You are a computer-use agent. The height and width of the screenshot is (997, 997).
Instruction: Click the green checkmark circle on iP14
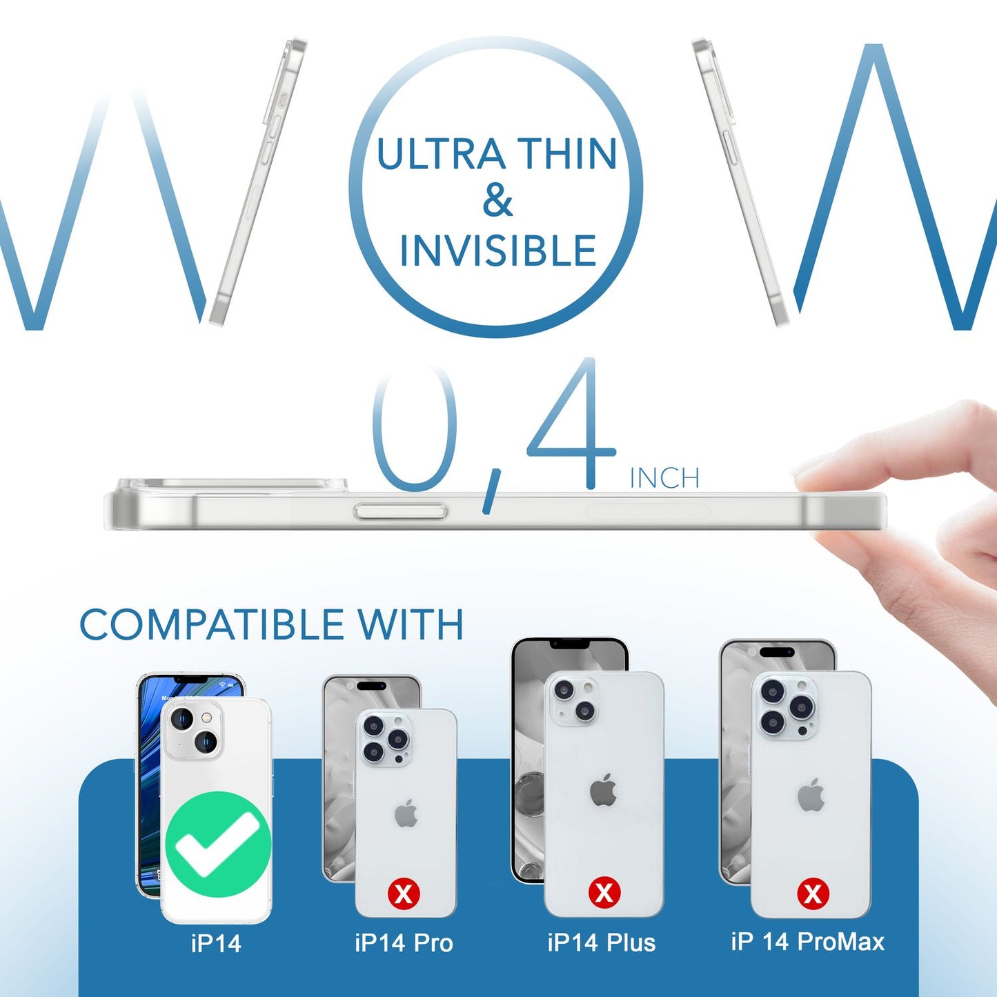click(219, 844)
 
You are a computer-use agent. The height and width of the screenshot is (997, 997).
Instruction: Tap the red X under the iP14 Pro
click(404, 894)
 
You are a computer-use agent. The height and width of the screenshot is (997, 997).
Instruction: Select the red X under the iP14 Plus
click(604, 893)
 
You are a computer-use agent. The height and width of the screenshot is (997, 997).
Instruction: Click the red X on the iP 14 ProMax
click(813, 894)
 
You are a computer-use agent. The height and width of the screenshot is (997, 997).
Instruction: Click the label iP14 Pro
click(404, 942)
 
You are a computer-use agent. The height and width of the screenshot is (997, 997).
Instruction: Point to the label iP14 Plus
click(601, 942)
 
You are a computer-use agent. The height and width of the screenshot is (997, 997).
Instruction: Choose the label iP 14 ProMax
click(807, 942)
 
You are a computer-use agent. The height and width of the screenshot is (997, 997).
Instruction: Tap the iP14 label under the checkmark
click(216, 943)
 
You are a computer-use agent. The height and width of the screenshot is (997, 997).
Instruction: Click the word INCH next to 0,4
click(664, 478)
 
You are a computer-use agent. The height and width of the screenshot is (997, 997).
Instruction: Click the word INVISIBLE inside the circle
click(497, 250)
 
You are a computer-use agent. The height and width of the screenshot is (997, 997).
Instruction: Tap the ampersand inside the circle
click(497, 201)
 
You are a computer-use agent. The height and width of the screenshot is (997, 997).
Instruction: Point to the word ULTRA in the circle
click(440, 154)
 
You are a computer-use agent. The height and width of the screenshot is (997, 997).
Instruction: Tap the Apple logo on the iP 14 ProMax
click(811, 795)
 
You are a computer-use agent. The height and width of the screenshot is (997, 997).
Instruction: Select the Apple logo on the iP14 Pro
click(406, 814)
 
